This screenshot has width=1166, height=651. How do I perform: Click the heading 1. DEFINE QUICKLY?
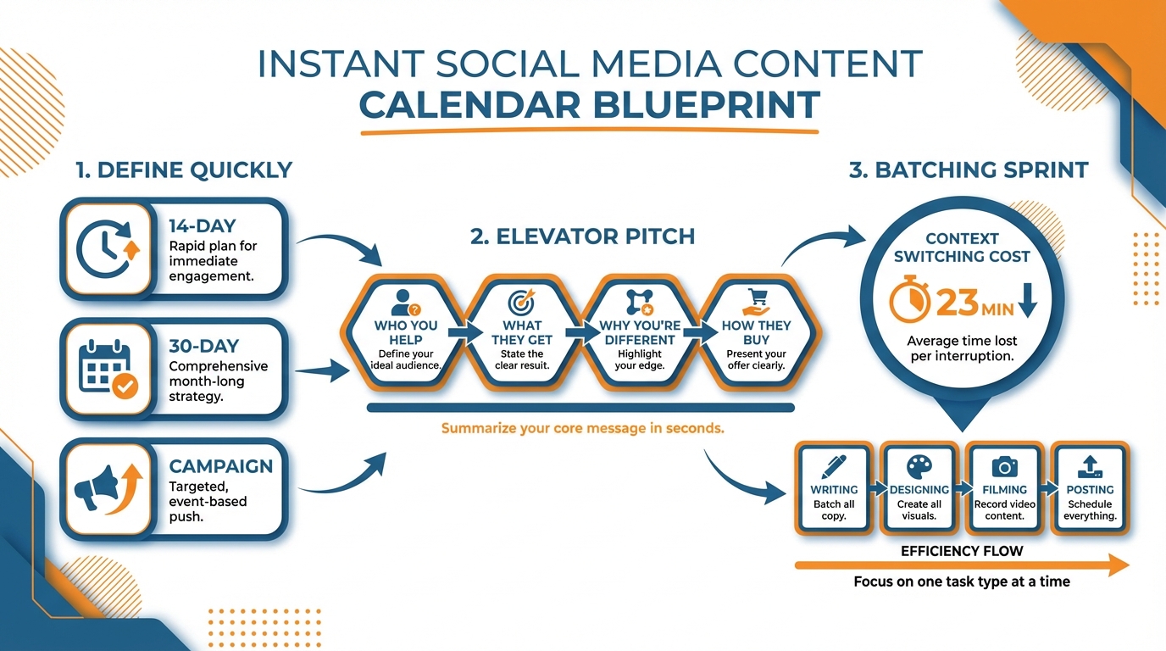pyautogui.click(x=183, y=170)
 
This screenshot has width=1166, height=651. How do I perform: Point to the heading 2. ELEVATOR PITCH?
pyautogui.click(x=582, y=236)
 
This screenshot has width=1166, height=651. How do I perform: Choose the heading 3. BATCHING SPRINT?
pyautogui.click(x=969, y=170)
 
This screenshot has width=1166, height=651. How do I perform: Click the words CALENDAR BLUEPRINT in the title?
pyautogui.click(x=589, y=105)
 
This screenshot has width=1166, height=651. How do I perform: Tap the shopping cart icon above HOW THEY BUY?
pyautogui.click(x=756, y=302)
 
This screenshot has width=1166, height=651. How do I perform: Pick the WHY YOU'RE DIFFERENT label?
pyautogui.click(x=640, y=332)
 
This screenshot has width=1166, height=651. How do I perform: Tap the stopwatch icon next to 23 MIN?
pyautogui.click(x=905, y=301)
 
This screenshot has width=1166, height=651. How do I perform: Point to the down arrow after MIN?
pyautogui.click(x=1027, y=301)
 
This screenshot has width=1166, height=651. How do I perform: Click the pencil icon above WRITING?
pyautogui.click(x=834, y=465)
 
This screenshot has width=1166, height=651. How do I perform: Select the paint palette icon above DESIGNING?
pyautogui.click(x=919, y=465)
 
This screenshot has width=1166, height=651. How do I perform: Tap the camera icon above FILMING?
pyautogui.click(x=1004, y=465)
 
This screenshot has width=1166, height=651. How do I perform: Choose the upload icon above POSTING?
pyautogui.click(x=1090, y=465)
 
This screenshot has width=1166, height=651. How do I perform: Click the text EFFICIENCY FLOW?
pyautogui.click(x=962, y=551)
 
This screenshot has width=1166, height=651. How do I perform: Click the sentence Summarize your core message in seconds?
pyautogui.click(x=582, y=428)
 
